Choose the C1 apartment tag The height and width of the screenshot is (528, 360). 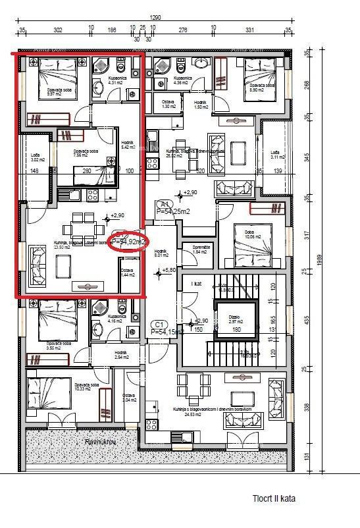[158, 324]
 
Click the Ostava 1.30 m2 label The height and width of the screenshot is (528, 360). [169, 104]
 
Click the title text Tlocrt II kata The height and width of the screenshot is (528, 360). [273, 498]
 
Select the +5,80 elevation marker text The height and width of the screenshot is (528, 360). [169, 270]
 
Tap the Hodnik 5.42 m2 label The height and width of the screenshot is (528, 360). [128, 145]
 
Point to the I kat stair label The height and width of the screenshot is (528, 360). [196, 283]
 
